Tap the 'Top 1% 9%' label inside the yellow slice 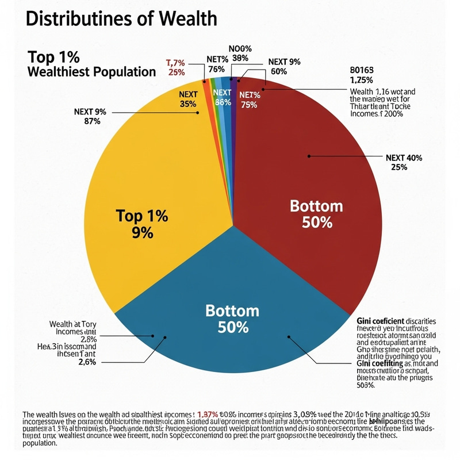[141, 224]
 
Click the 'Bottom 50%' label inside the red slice [316, 214]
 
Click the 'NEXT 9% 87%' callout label [90, 117]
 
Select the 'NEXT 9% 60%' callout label [278, 67]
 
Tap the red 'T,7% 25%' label [176, 67]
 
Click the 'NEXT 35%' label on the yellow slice [188, 99]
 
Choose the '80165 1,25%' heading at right [362, 75]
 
